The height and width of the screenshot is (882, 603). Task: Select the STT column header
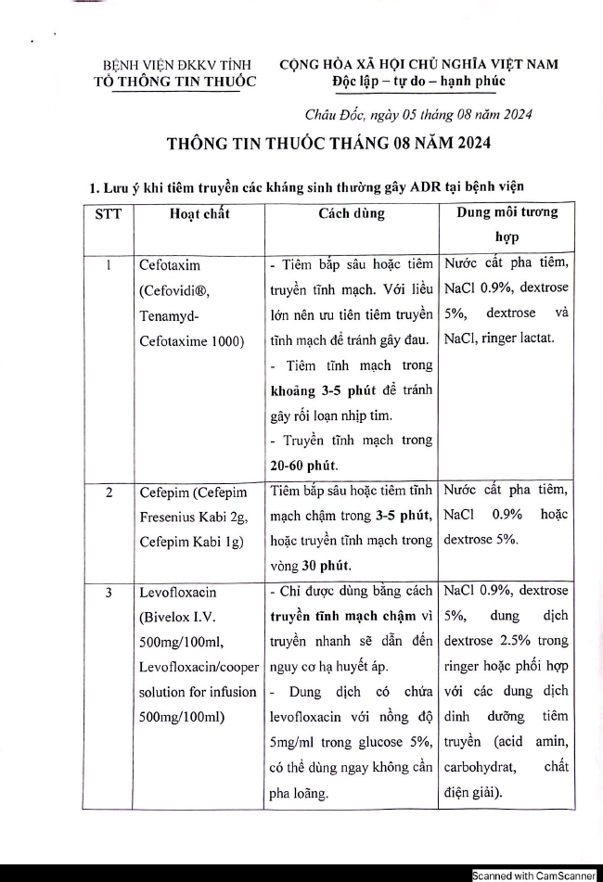click(x=108, y=213)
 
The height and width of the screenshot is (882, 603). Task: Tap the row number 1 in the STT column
click(x=109, y=264)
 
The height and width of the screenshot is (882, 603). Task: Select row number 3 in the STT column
click(x=109, y=590)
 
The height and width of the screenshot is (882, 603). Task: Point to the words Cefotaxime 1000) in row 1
click(x=189, y=340)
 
